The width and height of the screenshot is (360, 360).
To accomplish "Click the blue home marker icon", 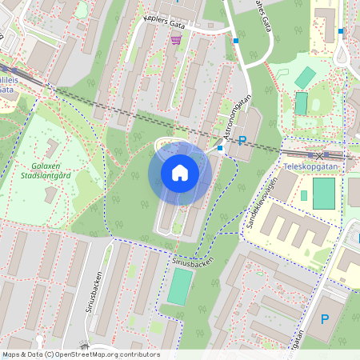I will point(180,173).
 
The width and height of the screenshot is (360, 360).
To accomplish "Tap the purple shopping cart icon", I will point(175,39).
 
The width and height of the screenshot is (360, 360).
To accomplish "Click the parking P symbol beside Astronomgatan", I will point(242,139).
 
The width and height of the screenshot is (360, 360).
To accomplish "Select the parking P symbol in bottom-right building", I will point(325,319).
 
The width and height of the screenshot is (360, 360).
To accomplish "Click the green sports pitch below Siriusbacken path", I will point(181,286).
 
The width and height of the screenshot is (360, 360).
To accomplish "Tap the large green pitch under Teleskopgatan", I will point(324,194).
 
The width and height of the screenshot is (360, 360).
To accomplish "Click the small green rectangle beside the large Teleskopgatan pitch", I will point(304,195).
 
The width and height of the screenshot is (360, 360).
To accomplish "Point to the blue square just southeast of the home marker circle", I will point(220,147).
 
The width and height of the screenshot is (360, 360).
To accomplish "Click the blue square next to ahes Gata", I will point(236,40).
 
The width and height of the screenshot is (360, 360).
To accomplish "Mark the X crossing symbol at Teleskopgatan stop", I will point(320,154).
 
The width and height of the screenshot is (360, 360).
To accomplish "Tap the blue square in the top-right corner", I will point(341,31).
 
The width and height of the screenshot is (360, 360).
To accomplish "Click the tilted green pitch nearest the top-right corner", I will point(305,78).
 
